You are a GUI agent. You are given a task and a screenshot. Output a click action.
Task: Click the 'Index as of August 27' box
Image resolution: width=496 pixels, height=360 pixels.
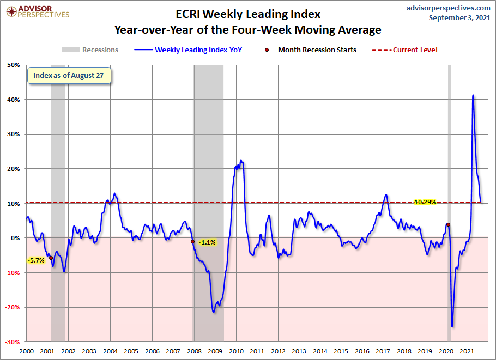[x=69, y=75]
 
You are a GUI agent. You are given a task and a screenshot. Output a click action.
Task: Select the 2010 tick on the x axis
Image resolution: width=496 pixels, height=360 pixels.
[x=236, y=352]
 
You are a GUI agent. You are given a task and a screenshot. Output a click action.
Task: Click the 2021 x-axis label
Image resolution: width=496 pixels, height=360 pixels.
[x=467, y=352]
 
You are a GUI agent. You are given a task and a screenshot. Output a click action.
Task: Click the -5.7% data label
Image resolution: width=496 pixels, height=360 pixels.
[x=36, y=260]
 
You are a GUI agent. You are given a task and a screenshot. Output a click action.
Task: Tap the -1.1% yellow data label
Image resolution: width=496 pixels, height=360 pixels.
[x=207, y=242]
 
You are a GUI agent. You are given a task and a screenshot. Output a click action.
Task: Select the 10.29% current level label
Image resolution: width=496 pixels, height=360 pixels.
[x=424, y=202]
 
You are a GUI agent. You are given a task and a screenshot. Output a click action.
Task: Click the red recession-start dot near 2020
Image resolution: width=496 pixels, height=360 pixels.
[x=448, y=224]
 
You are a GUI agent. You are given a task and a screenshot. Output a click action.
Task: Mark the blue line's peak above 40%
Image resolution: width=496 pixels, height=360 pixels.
[x=473, y=96]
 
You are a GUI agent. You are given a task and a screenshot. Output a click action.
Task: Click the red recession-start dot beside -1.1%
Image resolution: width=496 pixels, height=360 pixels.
[x=192, y=241]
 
